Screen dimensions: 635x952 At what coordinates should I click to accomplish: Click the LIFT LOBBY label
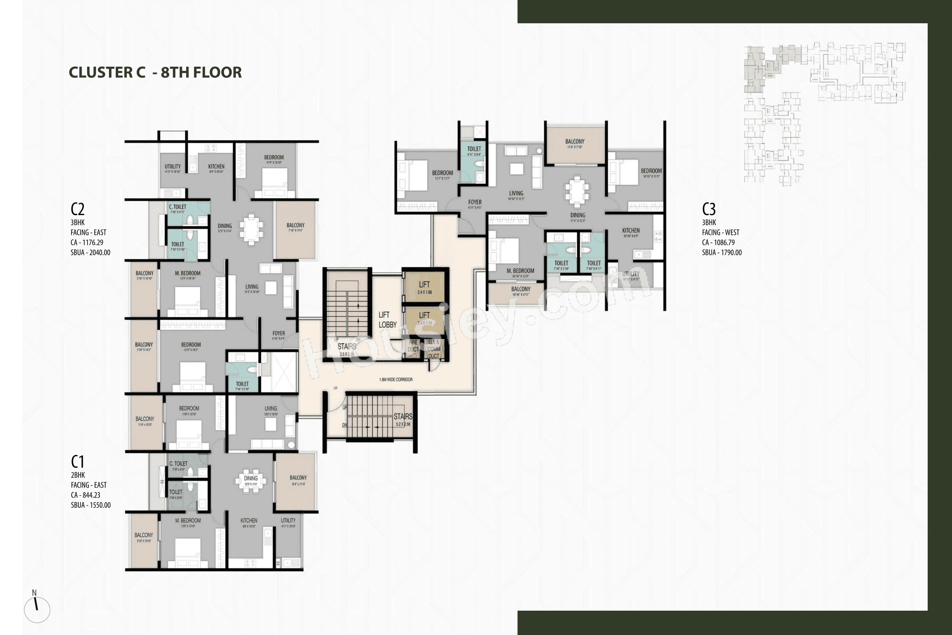point(387,320)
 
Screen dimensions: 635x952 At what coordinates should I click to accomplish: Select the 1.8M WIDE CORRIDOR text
point(396,379)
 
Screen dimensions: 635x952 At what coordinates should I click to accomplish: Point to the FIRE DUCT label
point(413,346)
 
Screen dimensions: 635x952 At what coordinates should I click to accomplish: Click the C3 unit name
point(709,209)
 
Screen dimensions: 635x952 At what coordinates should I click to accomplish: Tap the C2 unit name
point(77,209)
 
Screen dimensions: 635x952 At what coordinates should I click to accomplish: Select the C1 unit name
point(77,461)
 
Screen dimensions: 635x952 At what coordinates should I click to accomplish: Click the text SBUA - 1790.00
point(722,252)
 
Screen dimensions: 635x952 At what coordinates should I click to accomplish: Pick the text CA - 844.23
point(85,495)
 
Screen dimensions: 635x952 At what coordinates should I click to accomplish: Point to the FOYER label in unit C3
point(475,202)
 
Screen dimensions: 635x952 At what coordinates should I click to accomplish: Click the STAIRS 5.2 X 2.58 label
point(403,419)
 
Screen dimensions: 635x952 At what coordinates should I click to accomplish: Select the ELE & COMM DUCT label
point(433,349)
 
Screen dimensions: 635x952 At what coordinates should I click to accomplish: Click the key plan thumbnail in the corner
point(824,114)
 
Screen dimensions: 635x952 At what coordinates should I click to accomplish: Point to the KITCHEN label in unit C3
point(631,230)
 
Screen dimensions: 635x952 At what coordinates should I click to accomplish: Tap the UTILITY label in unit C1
point(288,520)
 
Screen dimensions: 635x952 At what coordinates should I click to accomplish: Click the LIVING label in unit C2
point(252,287)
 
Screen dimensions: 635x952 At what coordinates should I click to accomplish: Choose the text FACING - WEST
point(720,233)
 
